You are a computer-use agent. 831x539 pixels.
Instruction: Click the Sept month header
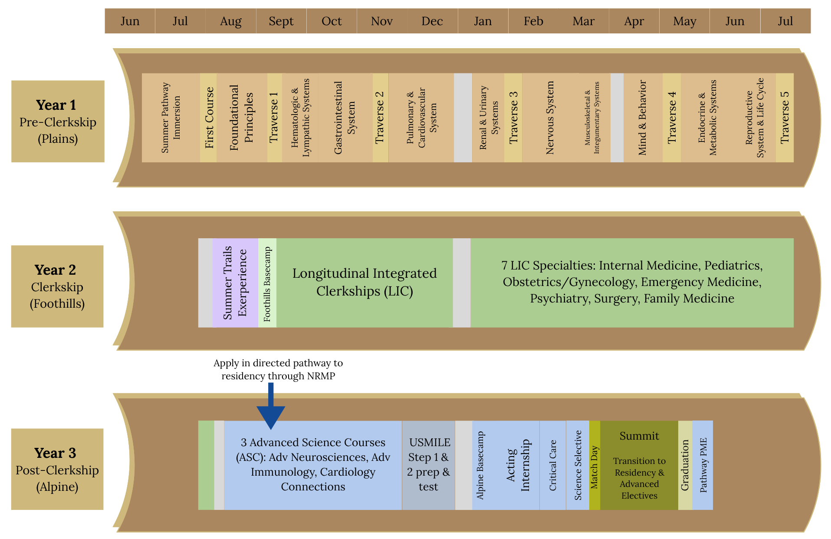point(281,21)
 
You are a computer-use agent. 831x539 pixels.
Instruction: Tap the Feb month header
point(533,21)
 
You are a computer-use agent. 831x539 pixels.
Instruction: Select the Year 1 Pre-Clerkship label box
point(58,121)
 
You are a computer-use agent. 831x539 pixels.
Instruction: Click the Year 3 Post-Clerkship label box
point(57,469)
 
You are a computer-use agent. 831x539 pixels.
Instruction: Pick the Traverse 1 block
point(274,118)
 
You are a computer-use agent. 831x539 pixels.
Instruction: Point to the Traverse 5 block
point(785,118)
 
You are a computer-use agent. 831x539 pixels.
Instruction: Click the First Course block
point(209,118)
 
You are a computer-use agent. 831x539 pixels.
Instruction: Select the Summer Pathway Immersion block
point(171,118)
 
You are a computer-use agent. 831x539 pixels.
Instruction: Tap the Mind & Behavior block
point(643,118)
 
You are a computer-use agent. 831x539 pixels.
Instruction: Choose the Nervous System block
point(550,118)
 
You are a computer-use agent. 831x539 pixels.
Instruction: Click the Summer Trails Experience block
point(235,283)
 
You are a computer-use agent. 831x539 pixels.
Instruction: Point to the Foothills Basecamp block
point(267,283)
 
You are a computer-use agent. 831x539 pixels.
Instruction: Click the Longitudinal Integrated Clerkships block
point(365,282)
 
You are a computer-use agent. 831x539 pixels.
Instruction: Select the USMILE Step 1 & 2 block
point(428,465)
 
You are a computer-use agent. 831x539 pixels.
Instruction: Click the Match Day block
point(595,465)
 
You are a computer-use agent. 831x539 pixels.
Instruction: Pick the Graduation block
point(685,465)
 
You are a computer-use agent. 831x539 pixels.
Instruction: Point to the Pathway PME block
point(703,465)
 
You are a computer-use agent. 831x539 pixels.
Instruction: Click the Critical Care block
point(553,465)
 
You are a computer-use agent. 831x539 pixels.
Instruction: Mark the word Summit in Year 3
point(639,436)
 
